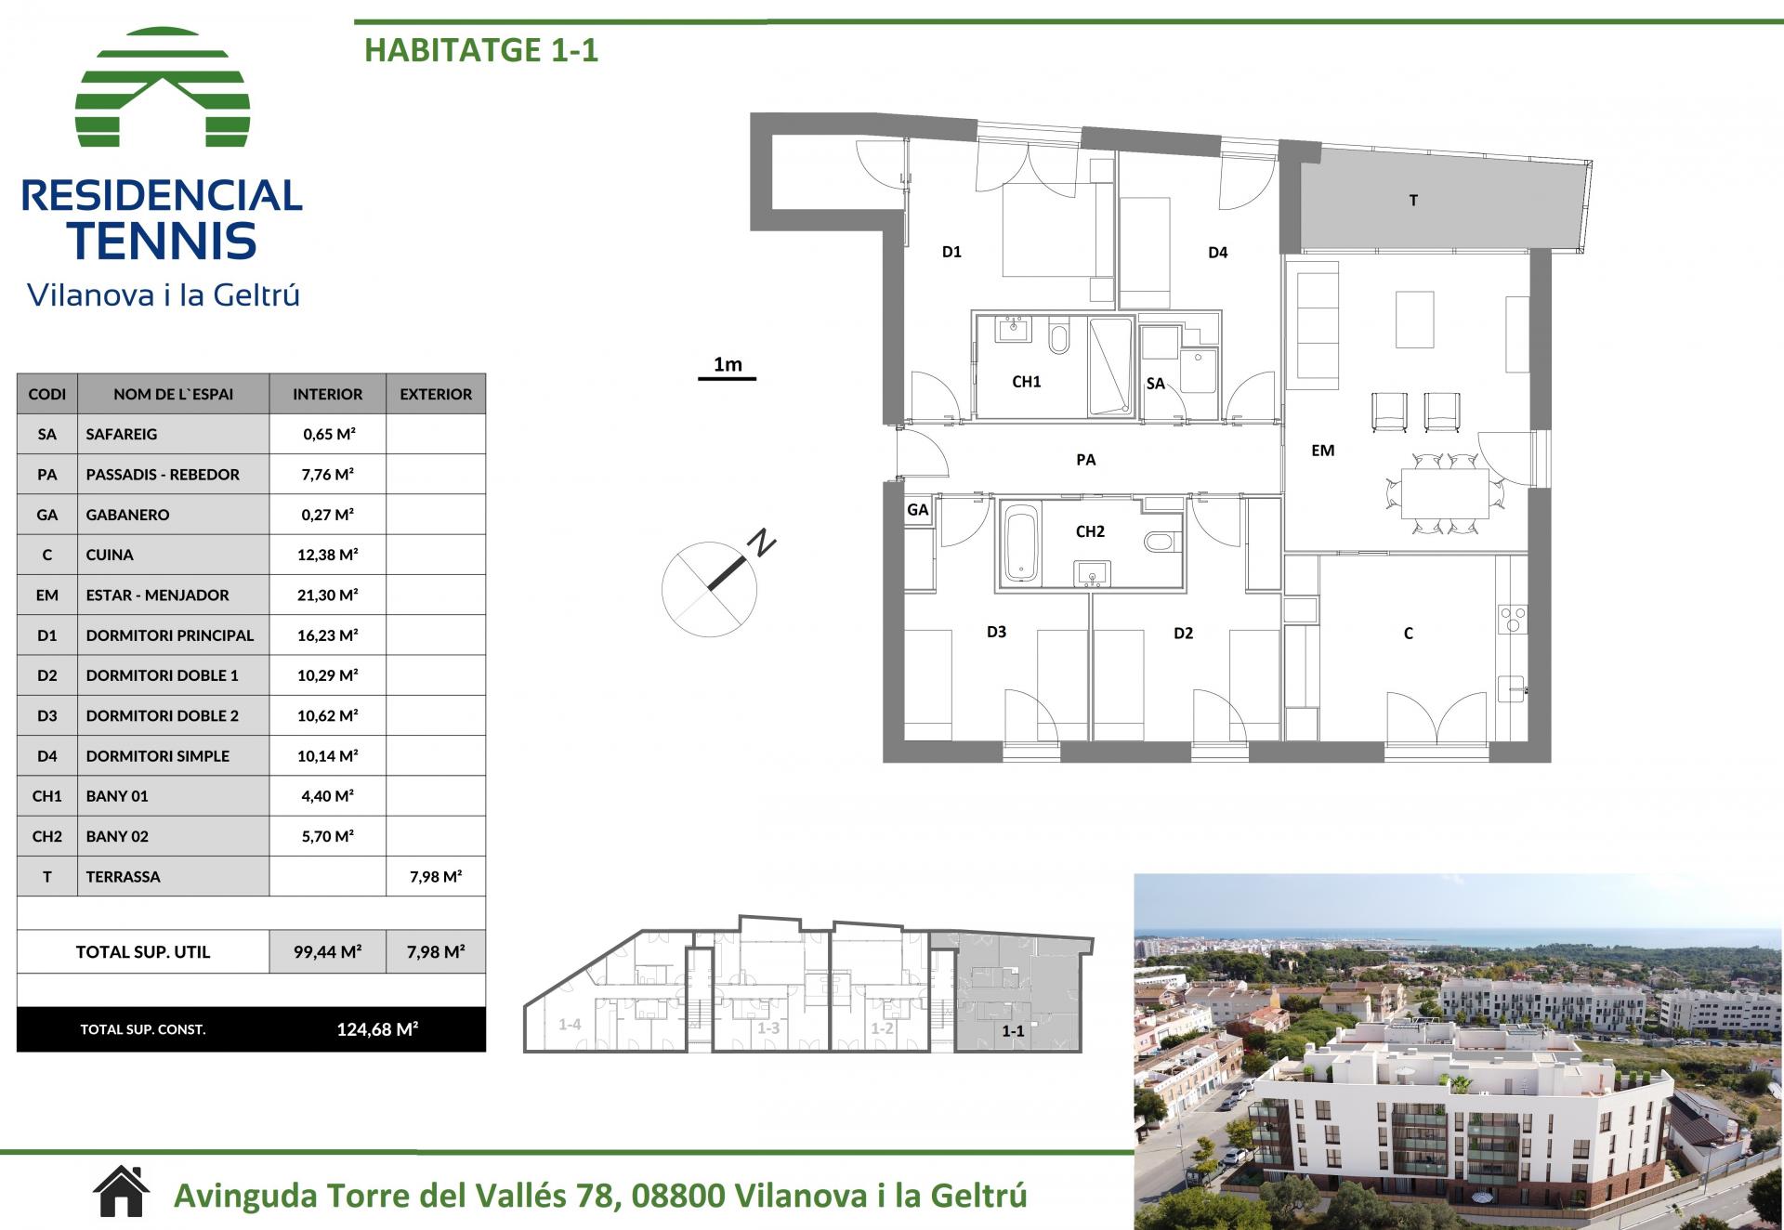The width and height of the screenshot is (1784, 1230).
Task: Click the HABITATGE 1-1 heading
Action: (481, 49)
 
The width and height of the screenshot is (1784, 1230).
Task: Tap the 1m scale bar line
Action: (728, 379)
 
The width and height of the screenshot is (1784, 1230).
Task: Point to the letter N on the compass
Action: (763, 543)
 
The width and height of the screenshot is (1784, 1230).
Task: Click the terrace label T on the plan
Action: (1413, 201)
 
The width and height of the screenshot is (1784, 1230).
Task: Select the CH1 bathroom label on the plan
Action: (1027, 382)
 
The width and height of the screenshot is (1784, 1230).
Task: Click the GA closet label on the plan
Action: (917, 510)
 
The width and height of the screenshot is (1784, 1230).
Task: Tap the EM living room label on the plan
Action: (1322, 451)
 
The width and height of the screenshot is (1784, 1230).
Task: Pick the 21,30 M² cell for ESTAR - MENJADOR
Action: (328, 595)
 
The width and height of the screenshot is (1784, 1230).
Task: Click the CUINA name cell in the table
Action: (174, 555)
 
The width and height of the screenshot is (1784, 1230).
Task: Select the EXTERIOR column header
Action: (436, 394)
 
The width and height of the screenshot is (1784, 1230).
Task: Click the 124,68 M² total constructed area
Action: (377, 1029)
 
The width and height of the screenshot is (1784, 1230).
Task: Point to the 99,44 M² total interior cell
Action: (328, 951)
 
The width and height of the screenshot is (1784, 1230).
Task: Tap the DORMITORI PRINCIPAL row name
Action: (170, 635)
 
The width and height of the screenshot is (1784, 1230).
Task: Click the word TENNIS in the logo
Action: (162, 241)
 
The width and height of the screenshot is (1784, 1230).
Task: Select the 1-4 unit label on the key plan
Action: (570, 1025)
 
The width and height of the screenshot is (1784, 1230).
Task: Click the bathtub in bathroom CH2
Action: (1020, 543)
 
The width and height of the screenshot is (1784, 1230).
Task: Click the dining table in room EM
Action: (1445, 493)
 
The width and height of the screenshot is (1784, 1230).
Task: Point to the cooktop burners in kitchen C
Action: (1513, 620)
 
